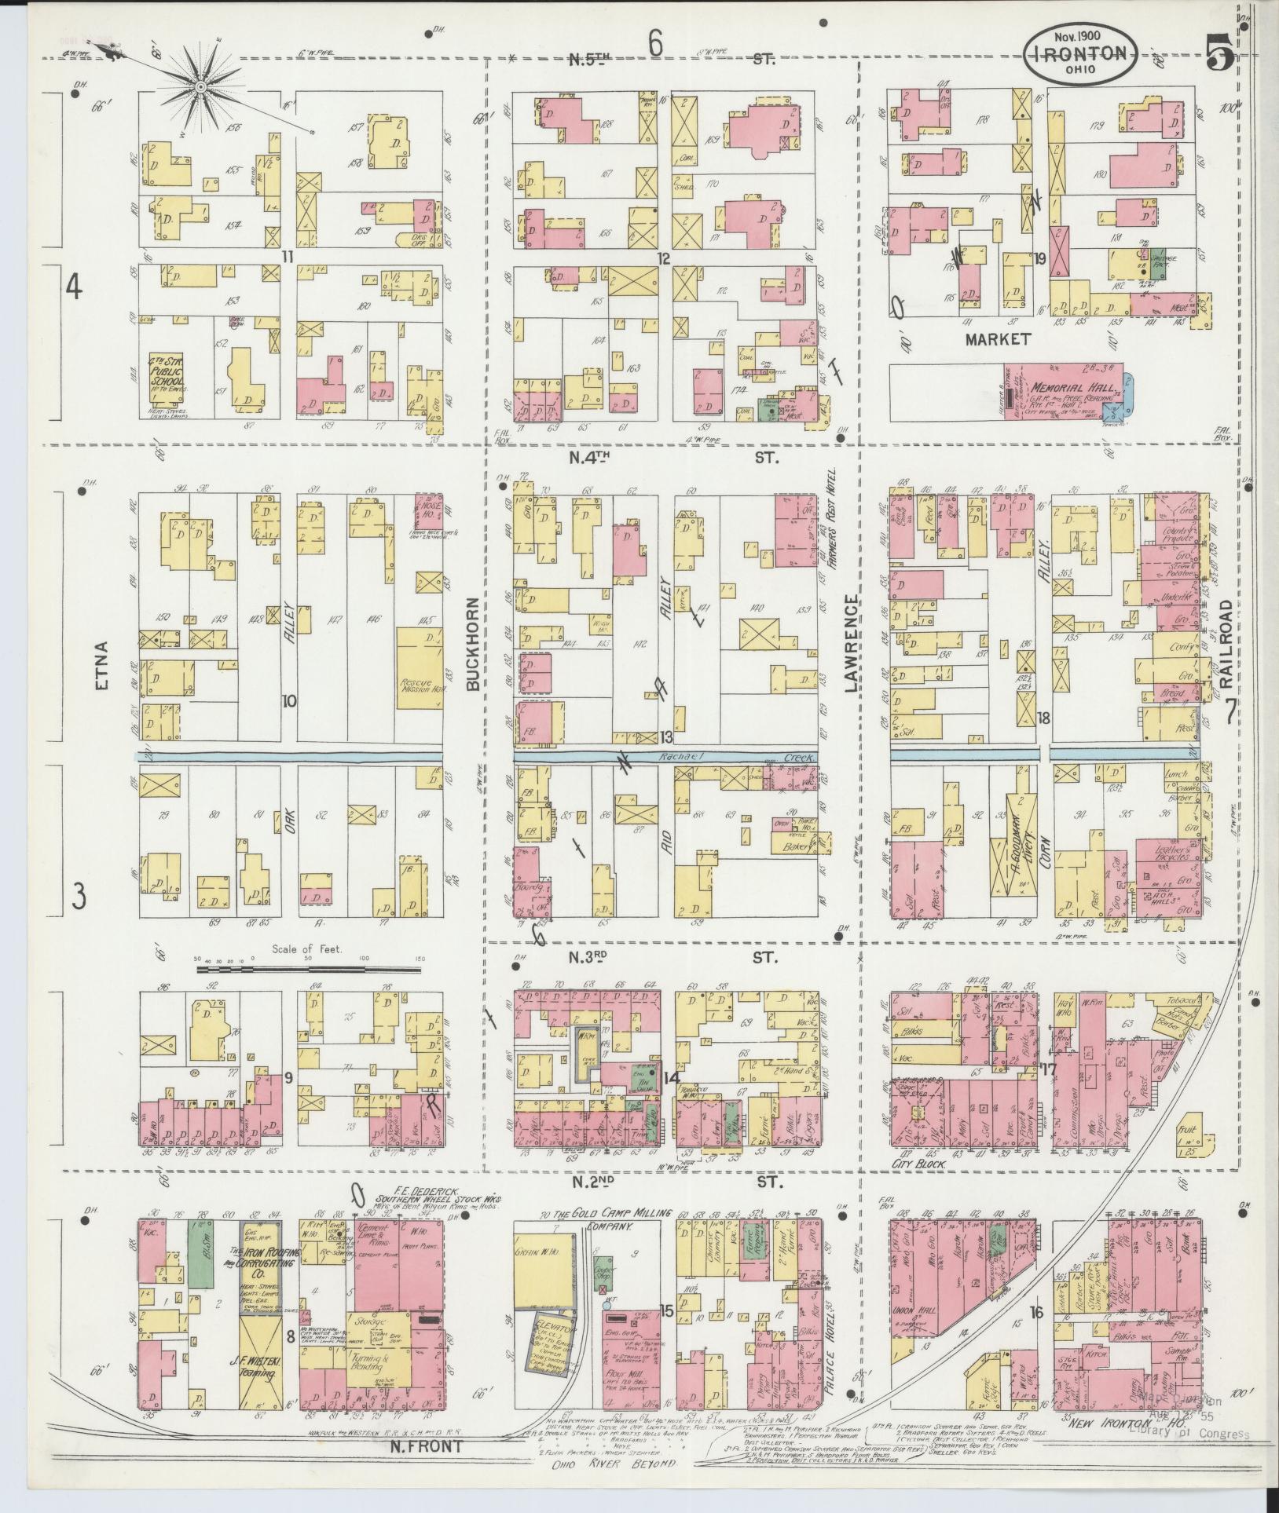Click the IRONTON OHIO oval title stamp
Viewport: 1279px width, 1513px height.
click(x=1081, y=52)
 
